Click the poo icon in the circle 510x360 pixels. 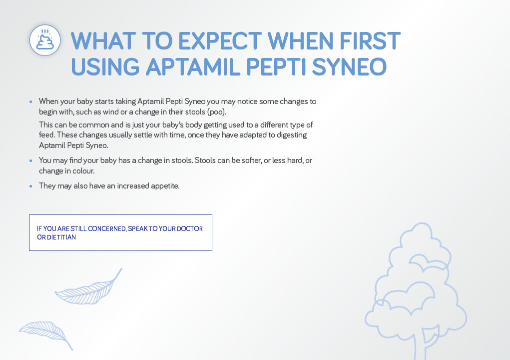coord(45,40)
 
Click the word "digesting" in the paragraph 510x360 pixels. coord(289,135)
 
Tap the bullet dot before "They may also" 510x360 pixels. coord(31,186)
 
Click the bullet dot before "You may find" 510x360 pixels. coord(31,160)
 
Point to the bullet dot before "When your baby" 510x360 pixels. coord(31,101)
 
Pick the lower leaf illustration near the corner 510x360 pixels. coord(44,331)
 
